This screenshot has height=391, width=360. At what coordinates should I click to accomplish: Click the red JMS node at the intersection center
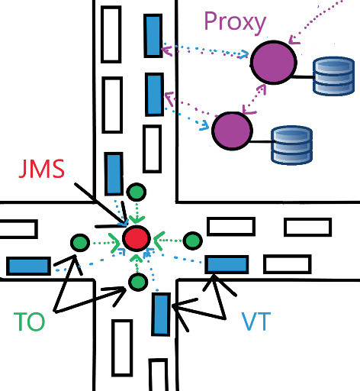pyautogui.click(x=136, y=238)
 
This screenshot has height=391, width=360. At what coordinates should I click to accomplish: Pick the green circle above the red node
pyautogui.click(x=136, y=192)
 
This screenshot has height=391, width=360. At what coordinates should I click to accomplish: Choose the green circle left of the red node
pyautogui.click(x=79, y=243)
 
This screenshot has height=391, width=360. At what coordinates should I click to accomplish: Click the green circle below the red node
pyautogui.click(x=137, y=283)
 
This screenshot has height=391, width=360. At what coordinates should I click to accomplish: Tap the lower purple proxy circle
pyautogui.click(x=232, y=130)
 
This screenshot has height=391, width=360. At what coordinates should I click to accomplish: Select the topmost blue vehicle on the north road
pyautogui.click(x=153, y=36)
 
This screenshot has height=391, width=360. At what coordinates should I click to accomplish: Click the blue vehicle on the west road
pyautogui.click(x=29, y=265)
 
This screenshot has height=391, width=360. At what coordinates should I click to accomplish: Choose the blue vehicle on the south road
pyautogui.click(x=160, y=314)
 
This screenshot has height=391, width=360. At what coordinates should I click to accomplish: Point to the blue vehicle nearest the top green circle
pyautogui.click(x=114, y=173)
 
